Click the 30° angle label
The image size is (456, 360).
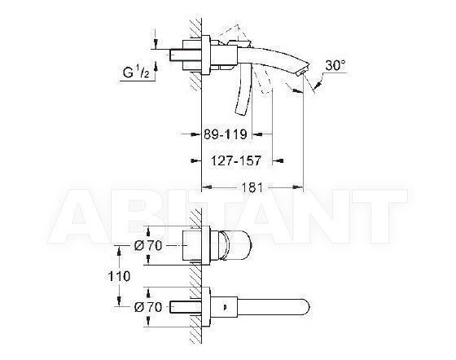335,65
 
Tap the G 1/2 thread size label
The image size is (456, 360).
136,72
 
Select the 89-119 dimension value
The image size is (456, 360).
226,134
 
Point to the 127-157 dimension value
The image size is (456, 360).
236,160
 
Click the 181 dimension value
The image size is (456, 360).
252,187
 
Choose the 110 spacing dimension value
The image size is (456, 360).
119,275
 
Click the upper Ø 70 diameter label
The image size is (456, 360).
148,246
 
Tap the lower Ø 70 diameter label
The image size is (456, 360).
148,307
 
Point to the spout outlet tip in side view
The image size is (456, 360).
302,71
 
